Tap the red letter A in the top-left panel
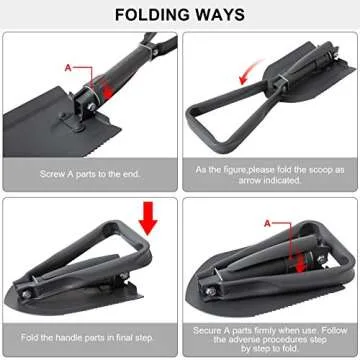[68, 67]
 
